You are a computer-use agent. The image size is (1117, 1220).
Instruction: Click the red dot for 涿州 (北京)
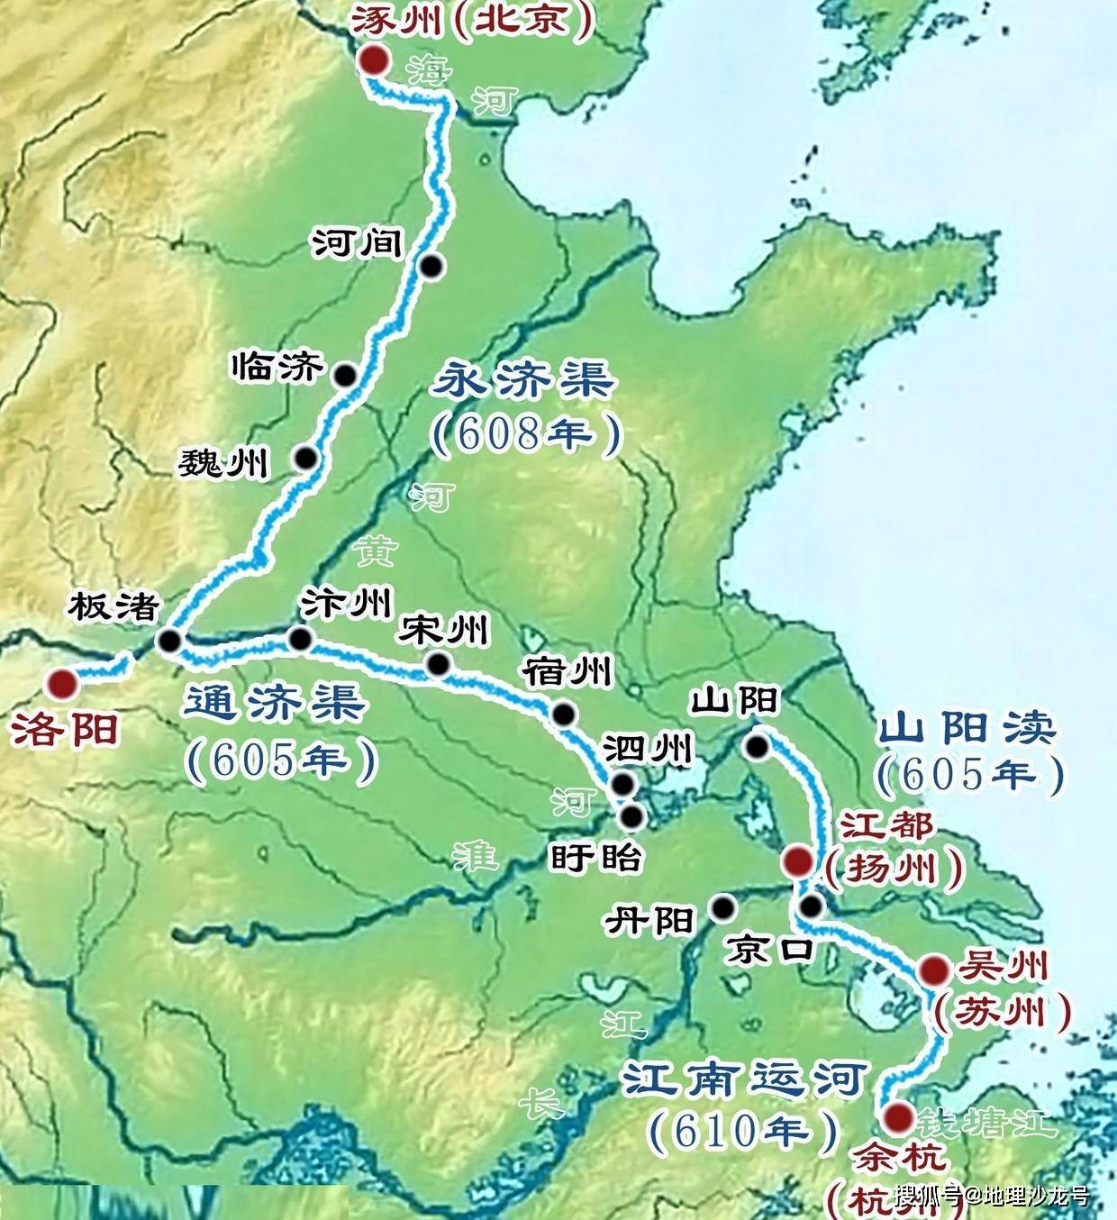click(372, 60)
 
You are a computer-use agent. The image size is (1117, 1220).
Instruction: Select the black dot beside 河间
click(432, 265)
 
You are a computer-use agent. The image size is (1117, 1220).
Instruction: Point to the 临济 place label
click(277, 368)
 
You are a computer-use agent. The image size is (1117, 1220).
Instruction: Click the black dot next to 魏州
click(307, 458)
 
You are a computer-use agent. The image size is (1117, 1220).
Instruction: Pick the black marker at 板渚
click(168, 641)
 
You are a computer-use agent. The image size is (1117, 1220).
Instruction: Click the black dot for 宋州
click(439, 665)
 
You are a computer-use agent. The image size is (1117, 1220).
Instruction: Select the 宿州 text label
click(568, 671)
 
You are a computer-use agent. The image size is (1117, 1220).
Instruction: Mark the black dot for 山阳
click(757, 746)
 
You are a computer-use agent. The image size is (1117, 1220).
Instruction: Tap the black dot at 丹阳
click(722, 907)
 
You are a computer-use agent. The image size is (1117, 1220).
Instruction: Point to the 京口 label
click(771, 949)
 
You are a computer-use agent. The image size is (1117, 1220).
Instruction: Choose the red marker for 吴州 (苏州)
click(932, 971)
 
